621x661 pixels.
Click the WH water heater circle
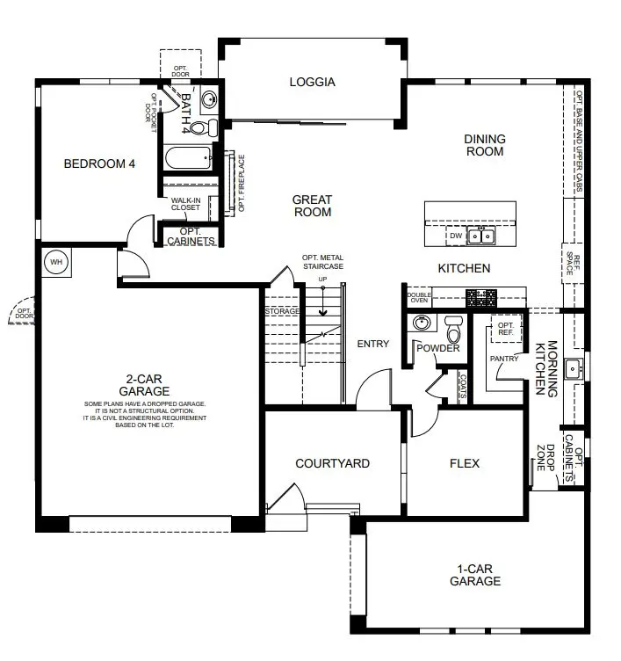(56, 262)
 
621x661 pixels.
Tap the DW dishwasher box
(456, 236)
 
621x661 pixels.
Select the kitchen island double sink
(481, 236)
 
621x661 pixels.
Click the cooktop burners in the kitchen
(481, 298)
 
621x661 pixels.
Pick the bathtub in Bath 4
(188, 157)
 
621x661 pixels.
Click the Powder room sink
(421, 323)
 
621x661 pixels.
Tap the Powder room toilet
(454, 329)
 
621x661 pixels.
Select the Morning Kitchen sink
(573, 370)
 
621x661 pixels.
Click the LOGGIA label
(312, 82)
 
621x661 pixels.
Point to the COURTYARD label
(332, 463)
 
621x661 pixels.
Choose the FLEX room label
(465, 463)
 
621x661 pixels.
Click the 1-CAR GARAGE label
(475, 575)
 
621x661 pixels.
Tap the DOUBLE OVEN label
(419, 298)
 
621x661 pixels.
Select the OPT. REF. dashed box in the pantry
(506, 329)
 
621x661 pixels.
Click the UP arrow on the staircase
(322, 301)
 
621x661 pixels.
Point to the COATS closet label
(463, 386)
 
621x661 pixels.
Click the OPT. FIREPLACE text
(242, 183)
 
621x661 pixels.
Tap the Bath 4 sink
(208, 100)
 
